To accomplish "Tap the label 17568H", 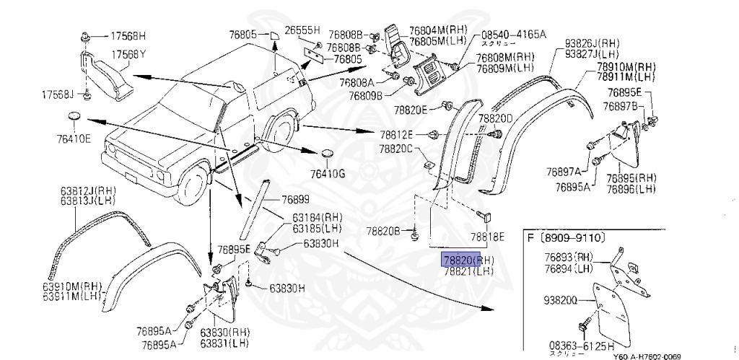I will [127, 35].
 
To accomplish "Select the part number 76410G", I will [328, 174].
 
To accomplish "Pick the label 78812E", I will [398, 134].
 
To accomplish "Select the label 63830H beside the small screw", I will [287, 288].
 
